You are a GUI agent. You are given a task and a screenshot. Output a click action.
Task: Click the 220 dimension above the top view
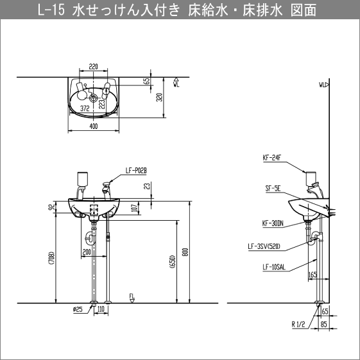94,66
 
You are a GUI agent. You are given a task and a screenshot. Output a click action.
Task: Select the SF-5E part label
271,189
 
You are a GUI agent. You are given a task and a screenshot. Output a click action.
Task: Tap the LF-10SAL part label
273,268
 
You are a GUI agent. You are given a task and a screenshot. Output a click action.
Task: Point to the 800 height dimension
186,252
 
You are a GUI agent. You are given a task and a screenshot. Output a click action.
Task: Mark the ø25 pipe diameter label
78,310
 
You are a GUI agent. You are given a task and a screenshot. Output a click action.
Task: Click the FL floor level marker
132,297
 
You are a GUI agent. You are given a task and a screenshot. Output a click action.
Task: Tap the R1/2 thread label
299,325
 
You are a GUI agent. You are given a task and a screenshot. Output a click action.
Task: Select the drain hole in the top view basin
94,98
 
